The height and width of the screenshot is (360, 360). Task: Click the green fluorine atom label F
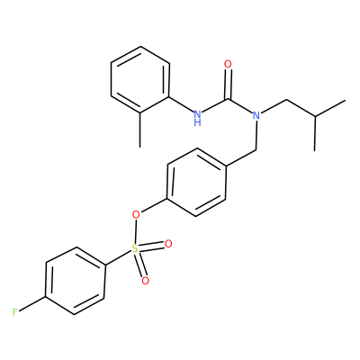[x=15, y=313]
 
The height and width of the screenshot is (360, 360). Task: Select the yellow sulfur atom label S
[x=135, y=248]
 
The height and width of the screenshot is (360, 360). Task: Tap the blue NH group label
[x=197, y=118]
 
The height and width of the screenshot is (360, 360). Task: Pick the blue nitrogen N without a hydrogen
[x=256, y=115]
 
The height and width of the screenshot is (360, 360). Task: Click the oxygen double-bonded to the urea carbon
[x=228, y=64]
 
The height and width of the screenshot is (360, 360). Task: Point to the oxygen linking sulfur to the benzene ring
[x=136, y=214]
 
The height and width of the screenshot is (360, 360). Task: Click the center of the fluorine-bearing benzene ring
[x=75, y=281]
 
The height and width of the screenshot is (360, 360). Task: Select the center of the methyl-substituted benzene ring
[x=140, y=80]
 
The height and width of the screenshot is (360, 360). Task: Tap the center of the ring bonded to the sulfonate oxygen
[x=196, y=182]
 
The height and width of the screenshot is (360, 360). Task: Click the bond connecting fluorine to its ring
[x=32, y=304]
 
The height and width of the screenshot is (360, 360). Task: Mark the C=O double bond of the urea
[x=229, y=85]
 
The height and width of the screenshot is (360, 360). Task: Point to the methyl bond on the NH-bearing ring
[x=139, y=130]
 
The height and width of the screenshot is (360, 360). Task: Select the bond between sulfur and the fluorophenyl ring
[x=118, y=258]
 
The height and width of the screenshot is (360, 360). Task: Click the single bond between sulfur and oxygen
[x=136, y=231]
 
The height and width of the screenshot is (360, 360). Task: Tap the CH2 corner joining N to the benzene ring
[x=256, y=148]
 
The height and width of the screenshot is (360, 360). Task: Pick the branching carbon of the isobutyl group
[x=315, y=116]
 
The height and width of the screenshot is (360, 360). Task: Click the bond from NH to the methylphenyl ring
[x=181, y=104]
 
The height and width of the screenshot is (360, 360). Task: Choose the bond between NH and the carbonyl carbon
[x=215, y=106]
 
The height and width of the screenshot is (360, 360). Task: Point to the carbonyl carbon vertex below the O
[x=229, y=99]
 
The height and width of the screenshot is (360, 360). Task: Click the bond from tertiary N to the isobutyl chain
[x=274, y=106]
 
